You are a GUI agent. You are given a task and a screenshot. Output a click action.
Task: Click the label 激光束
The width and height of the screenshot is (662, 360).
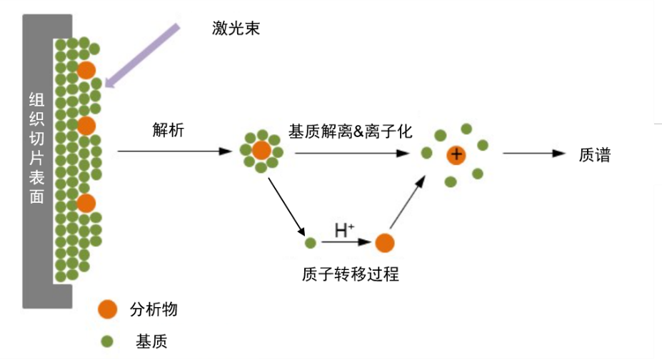pos(236,28)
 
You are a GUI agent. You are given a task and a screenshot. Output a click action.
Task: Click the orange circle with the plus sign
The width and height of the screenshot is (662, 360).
pos(456,154)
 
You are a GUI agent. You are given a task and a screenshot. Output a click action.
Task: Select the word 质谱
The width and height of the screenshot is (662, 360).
pos(594,155)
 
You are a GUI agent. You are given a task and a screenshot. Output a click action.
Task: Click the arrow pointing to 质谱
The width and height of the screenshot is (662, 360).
pos(534,154)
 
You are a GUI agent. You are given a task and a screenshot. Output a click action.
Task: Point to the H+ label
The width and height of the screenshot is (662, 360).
pos(344,230)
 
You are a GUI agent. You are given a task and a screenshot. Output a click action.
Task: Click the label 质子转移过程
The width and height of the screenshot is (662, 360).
pos(350,274)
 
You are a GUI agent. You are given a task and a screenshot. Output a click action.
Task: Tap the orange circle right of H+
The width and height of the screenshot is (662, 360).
pos(385,243)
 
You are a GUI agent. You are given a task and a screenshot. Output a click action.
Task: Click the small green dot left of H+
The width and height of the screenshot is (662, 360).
pos(310,243)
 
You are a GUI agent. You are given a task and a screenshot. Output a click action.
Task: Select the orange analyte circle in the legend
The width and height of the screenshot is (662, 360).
pos(108,309)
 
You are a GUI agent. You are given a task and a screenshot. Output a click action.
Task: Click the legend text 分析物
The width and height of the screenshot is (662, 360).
pos(153,309)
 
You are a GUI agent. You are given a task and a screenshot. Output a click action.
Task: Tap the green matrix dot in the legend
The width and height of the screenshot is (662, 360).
pos(108,341)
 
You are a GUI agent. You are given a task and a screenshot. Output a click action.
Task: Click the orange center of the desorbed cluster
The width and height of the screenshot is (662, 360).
pos(261,151)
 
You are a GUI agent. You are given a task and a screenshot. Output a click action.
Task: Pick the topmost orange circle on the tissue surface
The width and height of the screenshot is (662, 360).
pos(86,69)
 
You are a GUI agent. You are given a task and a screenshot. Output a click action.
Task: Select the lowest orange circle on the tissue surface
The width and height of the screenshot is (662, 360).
pos(86,203)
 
